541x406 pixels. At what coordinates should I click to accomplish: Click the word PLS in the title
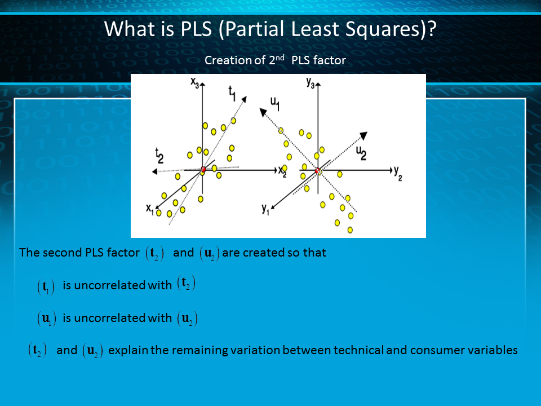[196, 29]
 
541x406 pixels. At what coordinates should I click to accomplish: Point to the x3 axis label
[195, 83]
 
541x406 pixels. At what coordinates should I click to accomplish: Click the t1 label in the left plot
[232, 94]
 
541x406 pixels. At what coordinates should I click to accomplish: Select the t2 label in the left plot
[159, 156]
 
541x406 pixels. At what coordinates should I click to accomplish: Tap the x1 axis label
[150, 209]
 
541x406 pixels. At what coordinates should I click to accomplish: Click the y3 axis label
[311, 83]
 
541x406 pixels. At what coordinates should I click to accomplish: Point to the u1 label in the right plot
[274, 104]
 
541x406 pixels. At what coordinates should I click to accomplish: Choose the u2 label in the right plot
[361, 153]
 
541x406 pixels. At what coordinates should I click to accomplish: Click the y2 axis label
[398, 173]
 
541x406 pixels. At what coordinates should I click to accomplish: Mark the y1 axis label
[265, 209]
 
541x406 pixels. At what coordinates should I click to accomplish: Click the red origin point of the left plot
[203, 169]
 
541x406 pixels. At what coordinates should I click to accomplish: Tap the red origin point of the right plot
[317, 170]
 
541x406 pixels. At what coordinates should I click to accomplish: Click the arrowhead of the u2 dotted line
[363, 136]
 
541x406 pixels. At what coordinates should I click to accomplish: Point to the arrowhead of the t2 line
[154, 171]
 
